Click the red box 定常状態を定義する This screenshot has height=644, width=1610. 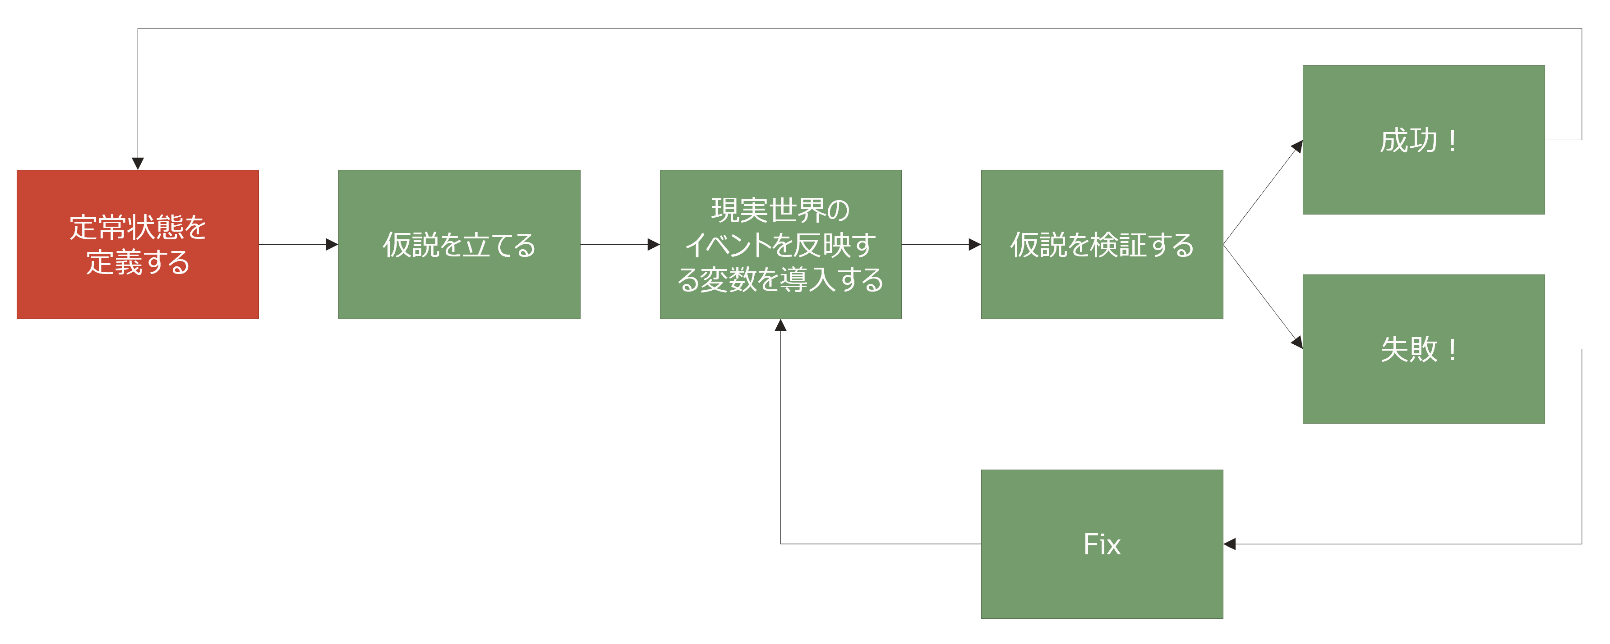click(x=138, y=244)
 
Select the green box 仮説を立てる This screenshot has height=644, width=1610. click(x=459, y=244)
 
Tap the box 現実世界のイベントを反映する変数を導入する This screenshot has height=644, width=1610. click(x=780, y=244)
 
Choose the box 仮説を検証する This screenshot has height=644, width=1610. click(x=1102, y=244)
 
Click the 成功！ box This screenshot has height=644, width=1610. click(x=1424, y=140)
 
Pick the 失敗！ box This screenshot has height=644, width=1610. click(x=1424, y=349)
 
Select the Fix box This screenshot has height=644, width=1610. click(x=1102, y=544)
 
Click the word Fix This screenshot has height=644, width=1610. click(x=1102, y=544)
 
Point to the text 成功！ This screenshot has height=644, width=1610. click(x=1419, y=140)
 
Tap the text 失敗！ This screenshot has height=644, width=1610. click(x=1419, y=349)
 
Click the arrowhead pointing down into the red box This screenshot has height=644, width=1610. click(x=138, y=164)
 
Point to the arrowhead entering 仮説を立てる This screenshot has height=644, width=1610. click(x=332, y=244)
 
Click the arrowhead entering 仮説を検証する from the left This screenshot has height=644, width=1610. click(x=975, y=244)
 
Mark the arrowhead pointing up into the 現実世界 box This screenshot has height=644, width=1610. click(x=780, y=325)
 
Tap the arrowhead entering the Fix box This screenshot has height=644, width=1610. click(x=1229, y=544)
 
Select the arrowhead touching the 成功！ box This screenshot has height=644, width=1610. click(x=1297, y=146)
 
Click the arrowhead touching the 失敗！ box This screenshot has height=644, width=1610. click(x=1297, y=343)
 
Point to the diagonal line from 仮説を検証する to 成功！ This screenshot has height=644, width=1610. click(x=1263, y=192)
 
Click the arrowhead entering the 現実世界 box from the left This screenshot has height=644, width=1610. click(x=654, y=244)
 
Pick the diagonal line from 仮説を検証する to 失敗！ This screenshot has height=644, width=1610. click(x=1263, y=297)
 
